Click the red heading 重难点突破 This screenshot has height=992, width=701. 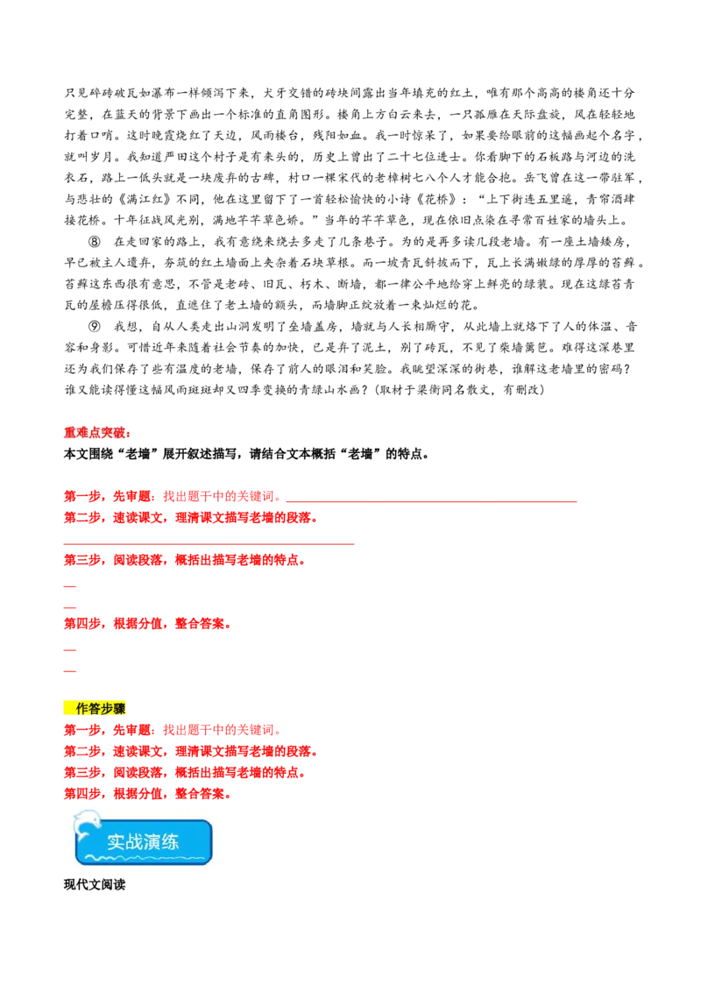[97, 433]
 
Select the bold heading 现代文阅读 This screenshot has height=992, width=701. [95, 884]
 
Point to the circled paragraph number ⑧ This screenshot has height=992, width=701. [95, 242]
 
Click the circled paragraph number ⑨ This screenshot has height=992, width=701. [95, 327]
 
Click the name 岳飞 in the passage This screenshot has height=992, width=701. [537, 178]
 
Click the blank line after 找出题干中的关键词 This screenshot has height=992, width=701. [431, 501]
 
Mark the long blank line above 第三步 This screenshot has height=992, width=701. [209, 543]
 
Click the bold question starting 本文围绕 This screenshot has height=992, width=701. [247, 454]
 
